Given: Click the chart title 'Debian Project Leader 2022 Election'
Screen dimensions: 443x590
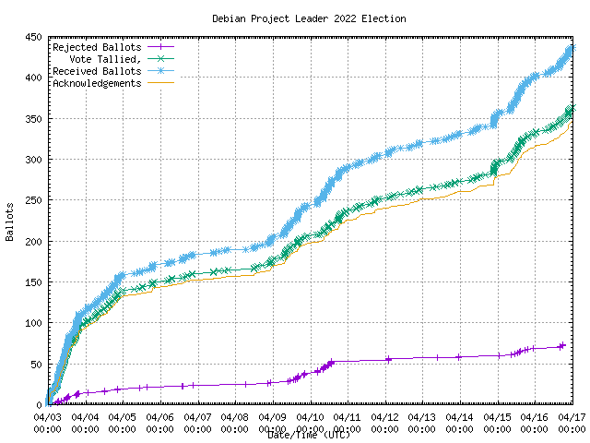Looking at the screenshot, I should pos(309,18).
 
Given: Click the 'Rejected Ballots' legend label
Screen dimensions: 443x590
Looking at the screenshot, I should pos(97,47).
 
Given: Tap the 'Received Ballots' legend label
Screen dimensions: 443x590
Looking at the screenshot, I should pos(97,71).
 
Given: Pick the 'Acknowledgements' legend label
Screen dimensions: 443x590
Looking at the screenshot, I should pos(97,83).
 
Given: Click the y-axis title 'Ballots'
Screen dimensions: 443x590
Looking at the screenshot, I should pos(9,221).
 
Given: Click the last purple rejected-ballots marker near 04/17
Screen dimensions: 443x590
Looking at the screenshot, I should pos(562,346).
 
